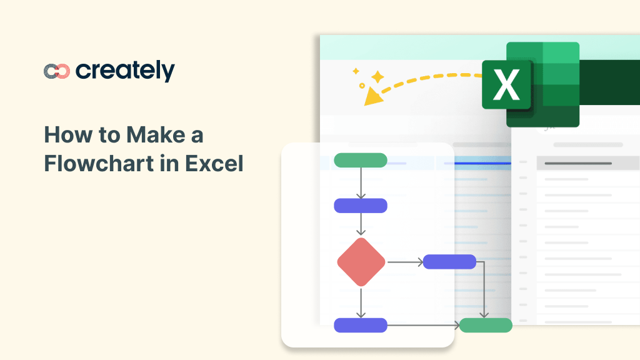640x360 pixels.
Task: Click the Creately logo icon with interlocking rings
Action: [x=57, y=71]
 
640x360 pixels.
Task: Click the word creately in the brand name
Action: [x=125, y=71]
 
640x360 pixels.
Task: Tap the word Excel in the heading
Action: [x=214, y=164]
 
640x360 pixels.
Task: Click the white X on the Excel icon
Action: [x=506, y=86]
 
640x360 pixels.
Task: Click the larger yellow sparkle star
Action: [x=377, y=77]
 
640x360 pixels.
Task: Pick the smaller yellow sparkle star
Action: [x=356, y=71]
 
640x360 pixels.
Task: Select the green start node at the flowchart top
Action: [x=361, y=160]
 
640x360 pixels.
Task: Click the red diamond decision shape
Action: [x=361, y=262]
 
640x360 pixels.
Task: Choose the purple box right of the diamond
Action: [x=449, y=262]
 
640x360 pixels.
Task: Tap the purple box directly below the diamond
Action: [x=361, y=325]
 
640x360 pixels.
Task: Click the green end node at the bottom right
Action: [x=486, y=325]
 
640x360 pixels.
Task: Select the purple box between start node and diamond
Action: [x=361, y=206]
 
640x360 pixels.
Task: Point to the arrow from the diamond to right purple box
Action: [x=405, y=262]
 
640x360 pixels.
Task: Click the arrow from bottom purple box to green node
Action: [x=423, y=325]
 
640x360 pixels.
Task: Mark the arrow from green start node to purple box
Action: [x=361, y=183]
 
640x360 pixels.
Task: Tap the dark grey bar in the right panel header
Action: [x=577, y=164]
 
